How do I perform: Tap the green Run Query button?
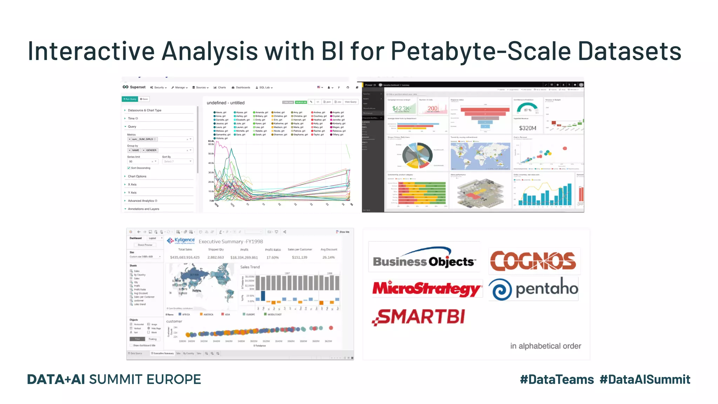tap(130, 99)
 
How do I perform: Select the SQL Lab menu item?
tap(264, 88)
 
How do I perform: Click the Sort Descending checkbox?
tap(129, 168)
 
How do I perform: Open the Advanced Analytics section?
tap(141, 201)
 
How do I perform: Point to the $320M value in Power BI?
tap(527, 128)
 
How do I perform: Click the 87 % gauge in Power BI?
tap(527, 108)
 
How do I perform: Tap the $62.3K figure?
tap(401, 109)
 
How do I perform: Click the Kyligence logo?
tap(181, 241)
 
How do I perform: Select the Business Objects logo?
tap(424, 258)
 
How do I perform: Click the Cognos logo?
tap(533, 261)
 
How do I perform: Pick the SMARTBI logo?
tap(419, 317)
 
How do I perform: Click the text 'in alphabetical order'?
tap(546, 346)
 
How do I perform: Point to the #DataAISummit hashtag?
tap(645, 379)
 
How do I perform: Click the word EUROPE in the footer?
tap(174, 379)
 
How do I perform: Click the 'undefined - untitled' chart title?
tap(225, 103)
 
